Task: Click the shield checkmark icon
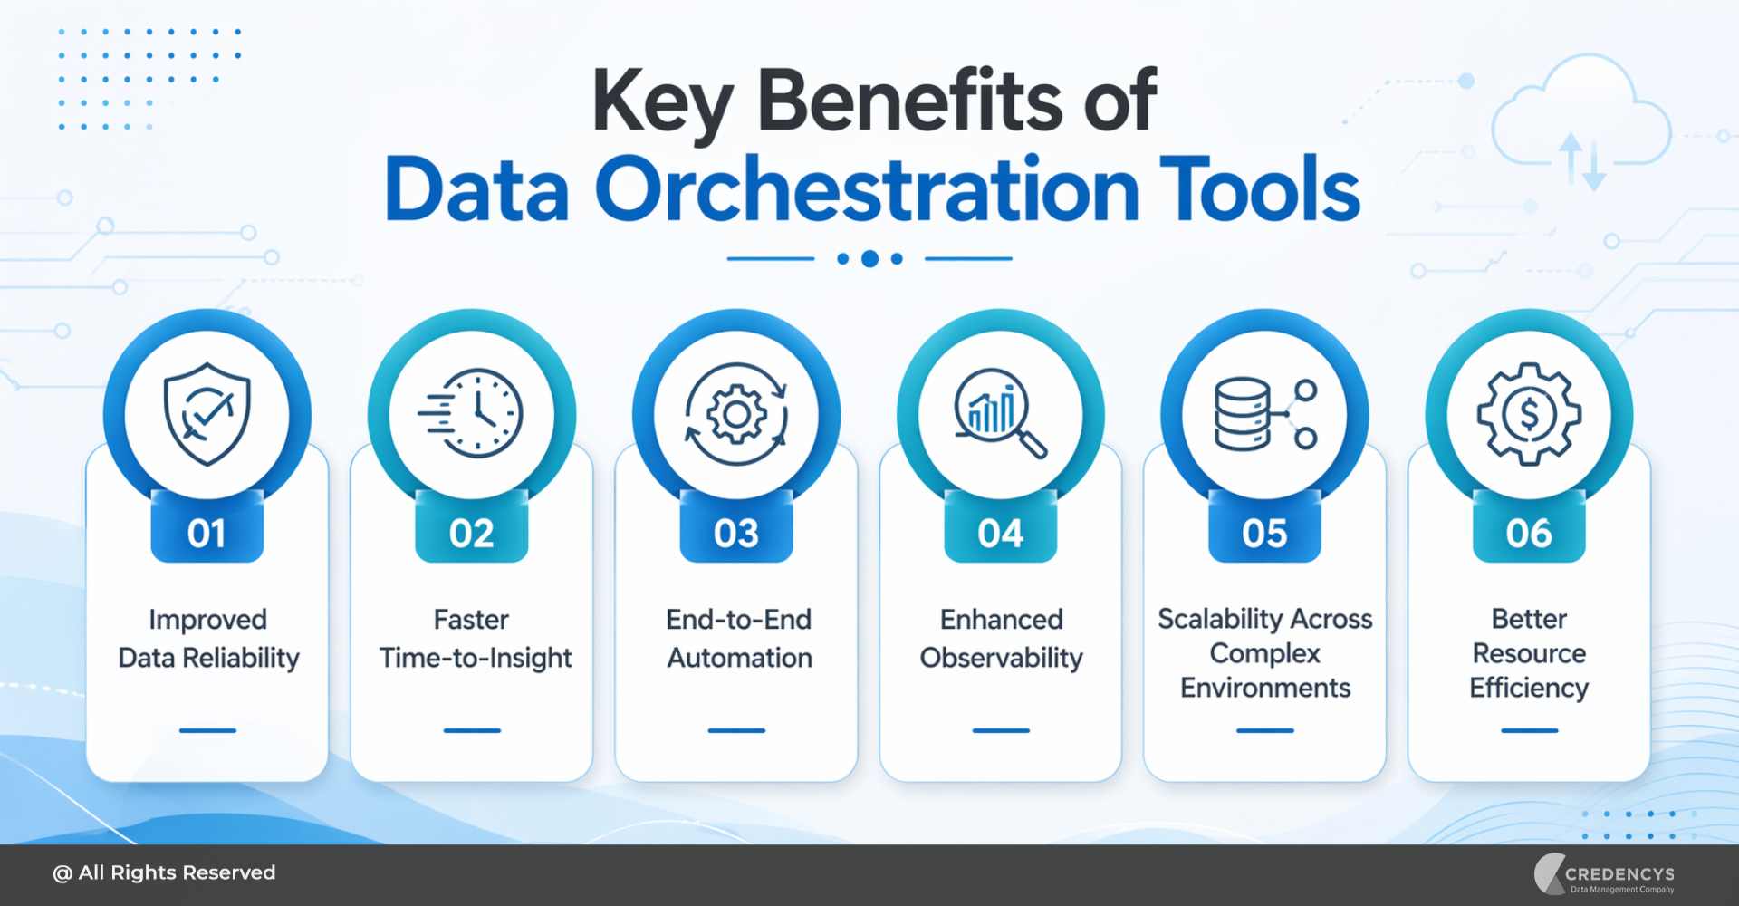point(207,414)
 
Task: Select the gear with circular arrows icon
point(736,414)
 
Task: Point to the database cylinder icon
point(1243,414)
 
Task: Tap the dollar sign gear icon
point(1529,414)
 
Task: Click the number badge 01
point(207,533)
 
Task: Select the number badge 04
point(1000,533)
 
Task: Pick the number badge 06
point(1529,533)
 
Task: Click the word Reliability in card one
point(241,658)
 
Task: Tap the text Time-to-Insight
point(476,658)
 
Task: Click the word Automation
point(739,658)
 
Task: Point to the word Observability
point(1001,658)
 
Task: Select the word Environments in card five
point(1264,689)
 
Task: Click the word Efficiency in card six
point(1529,689)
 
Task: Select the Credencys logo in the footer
point(1605,874)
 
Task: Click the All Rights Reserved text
point(165,872)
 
